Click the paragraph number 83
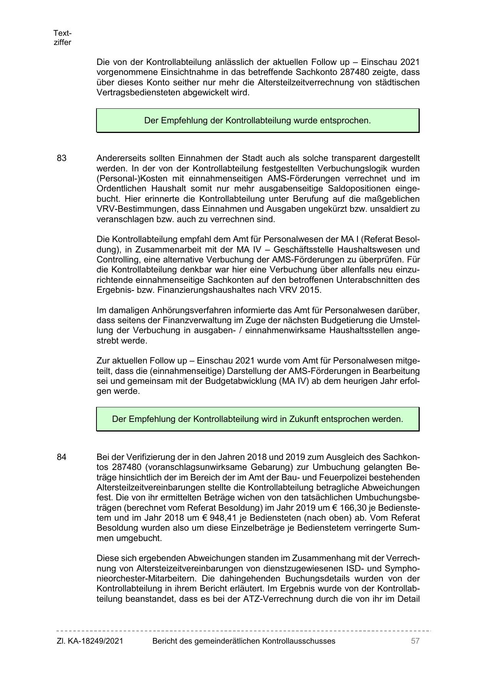(x=61, y=158)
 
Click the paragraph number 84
(x=61, y=457)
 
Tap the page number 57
(x=415, y=641)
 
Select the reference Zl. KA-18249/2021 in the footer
(x=90, y=641)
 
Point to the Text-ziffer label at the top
(x=62, y=38)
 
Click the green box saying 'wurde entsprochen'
(x=258, y=121)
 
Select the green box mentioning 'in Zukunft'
(x=258, y=419)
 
